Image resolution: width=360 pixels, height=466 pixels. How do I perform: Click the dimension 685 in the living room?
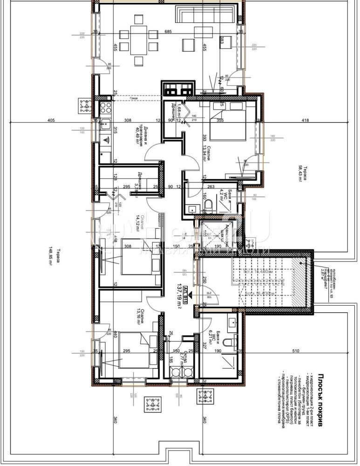pos(168,32)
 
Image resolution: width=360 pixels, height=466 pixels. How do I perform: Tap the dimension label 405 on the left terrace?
pos(51,121)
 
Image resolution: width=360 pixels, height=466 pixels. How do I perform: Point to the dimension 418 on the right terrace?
pos(305,121)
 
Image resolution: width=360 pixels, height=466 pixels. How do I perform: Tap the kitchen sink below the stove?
pos(105,140)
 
